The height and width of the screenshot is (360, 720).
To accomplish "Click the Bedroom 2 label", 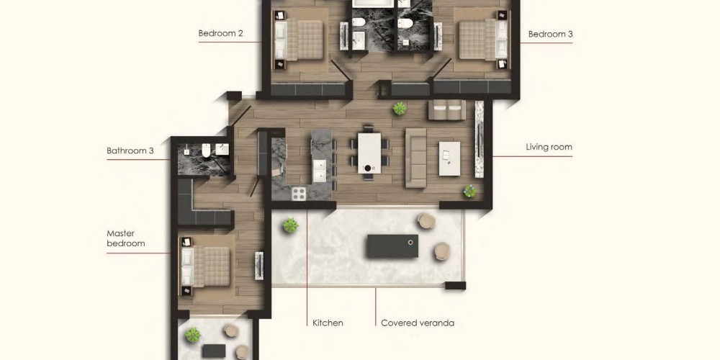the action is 220,34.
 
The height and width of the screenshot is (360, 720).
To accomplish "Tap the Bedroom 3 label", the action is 550,34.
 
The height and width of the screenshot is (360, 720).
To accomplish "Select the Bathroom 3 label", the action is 130,150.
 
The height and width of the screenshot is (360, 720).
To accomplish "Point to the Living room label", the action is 549,148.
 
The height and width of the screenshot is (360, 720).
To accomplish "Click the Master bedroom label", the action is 126,238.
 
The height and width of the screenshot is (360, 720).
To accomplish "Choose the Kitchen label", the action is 328,323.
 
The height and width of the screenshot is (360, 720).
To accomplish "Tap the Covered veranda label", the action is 418,323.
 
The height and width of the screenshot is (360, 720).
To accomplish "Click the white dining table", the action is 369,153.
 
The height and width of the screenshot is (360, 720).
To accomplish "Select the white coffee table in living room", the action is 449,158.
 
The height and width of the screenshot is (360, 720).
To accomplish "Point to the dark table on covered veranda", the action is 392,246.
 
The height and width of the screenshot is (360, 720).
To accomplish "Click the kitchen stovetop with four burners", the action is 299,194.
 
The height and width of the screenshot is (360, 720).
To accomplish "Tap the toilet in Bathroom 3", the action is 206,150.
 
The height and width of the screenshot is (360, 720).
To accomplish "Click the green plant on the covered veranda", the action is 290,225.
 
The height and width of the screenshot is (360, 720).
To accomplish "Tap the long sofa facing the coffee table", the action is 415,158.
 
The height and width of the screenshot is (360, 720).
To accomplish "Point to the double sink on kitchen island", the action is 321,170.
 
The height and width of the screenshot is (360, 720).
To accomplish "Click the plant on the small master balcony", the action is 193,336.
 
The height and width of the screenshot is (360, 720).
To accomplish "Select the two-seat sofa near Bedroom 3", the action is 447,110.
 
